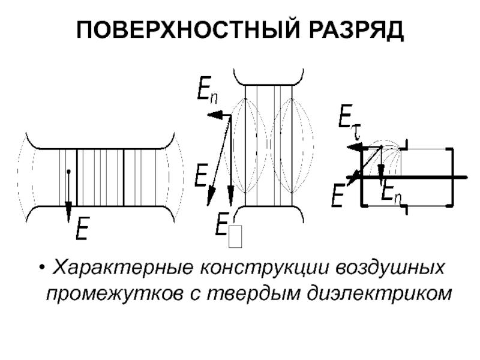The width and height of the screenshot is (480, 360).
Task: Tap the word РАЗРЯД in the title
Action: point(356,31)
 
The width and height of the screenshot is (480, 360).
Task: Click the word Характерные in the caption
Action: point(123,267)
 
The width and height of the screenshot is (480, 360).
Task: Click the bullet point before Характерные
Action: point(42,268)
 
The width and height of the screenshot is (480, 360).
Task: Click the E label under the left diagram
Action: point(82,229)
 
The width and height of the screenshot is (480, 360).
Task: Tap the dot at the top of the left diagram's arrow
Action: point(68,172)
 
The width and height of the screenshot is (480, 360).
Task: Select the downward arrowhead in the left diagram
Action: point(68,211)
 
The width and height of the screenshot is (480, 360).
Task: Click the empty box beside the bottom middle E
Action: point(235,236)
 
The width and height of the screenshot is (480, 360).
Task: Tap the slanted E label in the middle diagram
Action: point(202,175)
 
